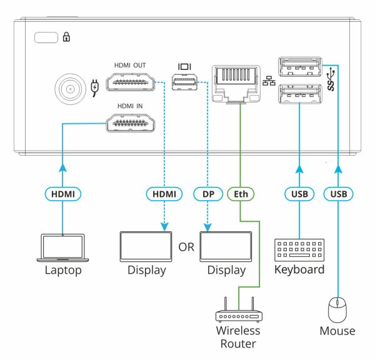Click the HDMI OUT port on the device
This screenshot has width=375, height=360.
[x=131, y=82]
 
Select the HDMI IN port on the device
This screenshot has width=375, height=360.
[x=131, y=123]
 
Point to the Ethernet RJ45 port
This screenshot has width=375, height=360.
[x=236, y=82]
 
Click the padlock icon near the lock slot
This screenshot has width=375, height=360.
[x=66, y=38]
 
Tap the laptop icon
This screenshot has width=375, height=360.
[x=62, y=247]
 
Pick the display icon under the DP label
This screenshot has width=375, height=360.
[x=227, y=246]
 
